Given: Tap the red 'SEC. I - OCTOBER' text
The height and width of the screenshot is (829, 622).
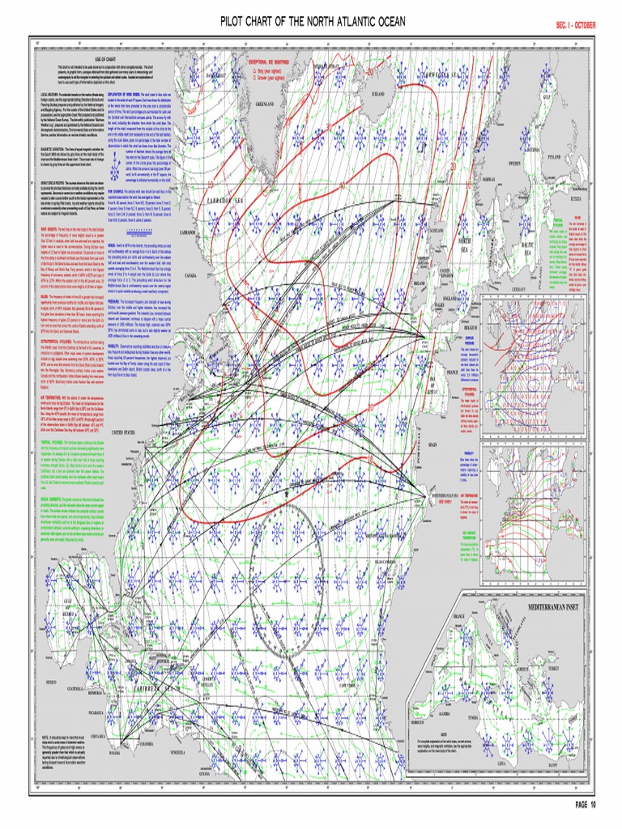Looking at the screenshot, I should [x=575, y=25].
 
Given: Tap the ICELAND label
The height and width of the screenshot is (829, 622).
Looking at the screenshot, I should [x=379, y=94].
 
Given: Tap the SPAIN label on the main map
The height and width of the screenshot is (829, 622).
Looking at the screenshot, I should [x=455, y=445].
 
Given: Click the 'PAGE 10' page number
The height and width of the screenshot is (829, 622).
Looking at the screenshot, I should [x=586, y=805].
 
